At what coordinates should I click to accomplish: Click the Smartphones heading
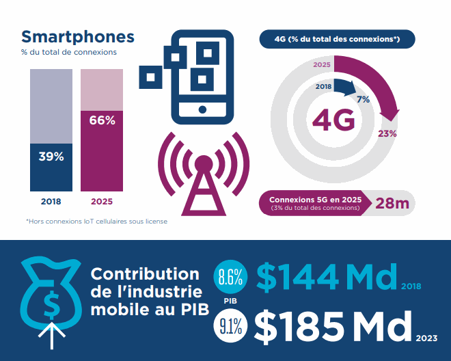[78, 36]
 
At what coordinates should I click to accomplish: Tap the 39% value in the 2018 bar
[51, 157]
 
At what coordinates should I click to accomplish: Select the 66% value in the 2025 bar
[102, 120]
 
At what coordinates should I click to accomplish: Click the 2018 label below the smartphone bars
[51, 202]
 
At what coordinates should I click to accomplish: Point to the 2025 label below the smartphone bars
[102, 202]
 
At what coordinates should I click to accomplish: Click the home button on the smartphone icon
[202, 109]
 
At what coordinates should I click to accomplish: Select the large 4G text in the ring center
[334, 121]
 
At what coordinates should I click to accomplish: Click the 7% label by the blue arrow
[364, 99]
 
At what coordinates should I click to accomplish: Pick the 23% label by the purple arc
[387, 133]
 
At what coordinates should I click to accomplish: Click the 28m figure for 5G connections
[392, 203]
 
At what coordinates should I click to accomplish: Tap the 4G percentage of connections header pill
[337, 40]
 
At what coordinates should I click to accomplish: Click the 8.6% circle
[230, 277]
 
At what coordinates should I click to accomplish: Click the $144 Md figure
[327, 276]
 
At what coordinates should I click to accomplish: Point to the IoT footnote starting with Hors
[96, 221]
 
